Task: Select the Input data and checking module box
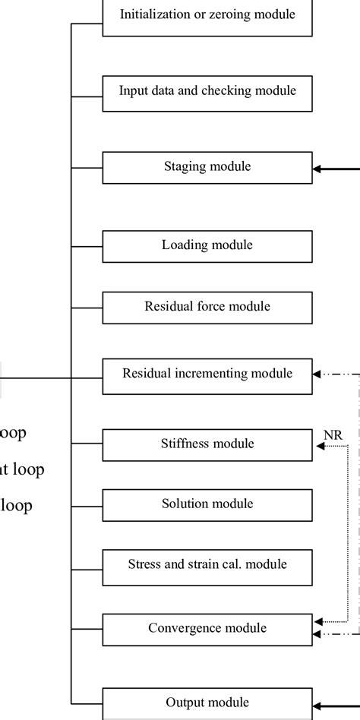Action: click(x=207, y=91)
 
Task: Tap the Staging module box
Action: click(x=207, y=167)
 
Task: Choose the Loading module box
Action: click(x=207, y=246)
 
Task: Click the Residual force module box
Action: click(x=207, y=307)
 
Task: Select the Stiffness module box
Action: click(x=207, y=444)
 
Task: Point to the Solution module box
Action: click(x=207, y=505)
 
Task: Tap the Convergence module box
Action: click(x=207, y=630)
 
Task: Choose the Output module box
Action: click(x=207, y=703)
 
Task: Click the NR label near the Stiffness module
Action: click(x=333, y=434)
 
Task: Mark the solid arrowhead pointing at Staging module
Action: click(x=318, y=169)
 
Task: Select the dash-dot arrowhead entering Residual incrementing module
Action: click(x=318, y=374)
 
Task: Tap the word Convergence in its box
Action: click(x=185, y=629)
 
